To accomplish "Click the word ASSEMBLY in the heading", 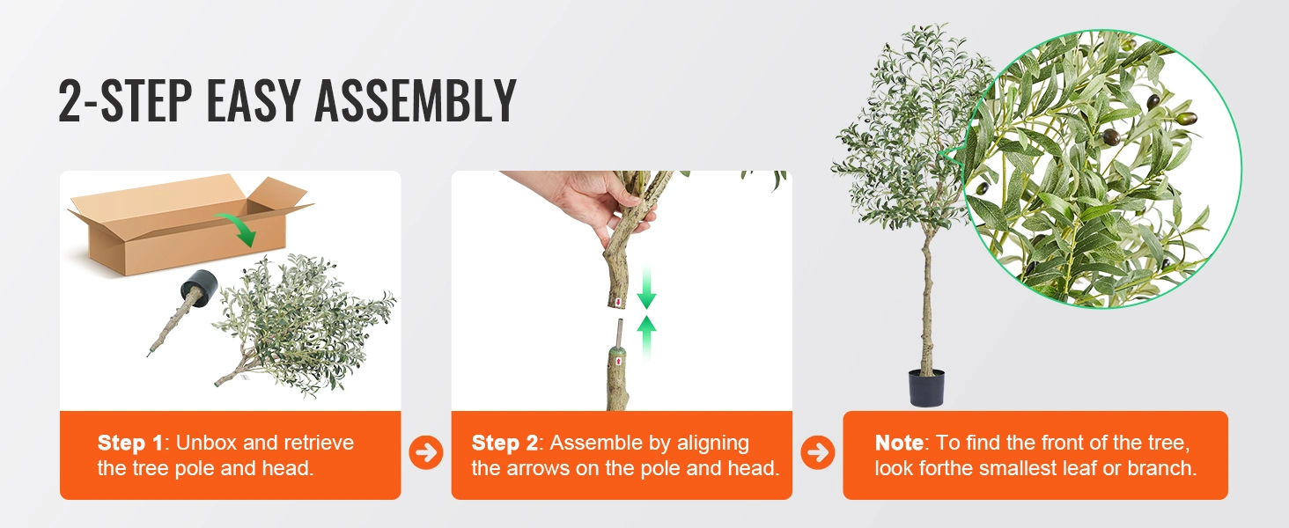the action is (x=416, y=100).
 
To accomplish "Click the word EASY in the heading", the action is (x=254, y=100).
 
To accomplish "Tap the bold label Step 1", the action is (x=130, y=443).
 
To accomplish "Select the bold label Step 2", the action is (x=505, y=443).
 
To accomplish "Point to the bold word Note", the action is (x=899, y=443).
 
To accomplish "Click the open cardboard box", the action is (x=190, y=225).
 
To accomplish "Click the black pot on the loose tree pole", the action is (x=199, y=288).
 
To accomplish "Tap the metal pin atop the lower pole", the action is (x=620, y=333).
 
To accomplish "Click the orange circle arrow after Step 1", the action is (x=426, y=452).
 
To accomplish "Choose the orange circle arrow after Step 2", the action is (x=818, y=452).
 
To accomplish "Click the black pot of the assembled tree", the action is (x=926, y=388).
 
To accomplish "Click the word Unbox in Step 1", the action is (x=207, y=443).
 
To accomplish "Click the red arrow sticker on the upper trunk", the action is (x=618, y=302).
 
